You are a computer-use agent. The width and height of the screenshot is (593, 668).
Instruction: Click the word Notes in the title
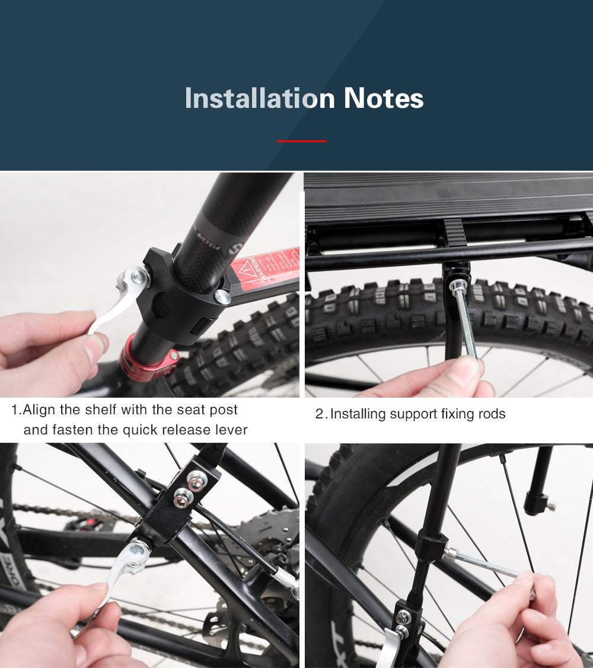point(384,98)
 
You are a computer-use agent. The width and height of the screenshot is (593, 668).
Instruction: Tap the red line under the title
point(301,141)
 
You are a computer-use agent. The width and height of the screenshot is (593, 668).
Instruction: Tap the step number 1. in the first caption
point(16,410)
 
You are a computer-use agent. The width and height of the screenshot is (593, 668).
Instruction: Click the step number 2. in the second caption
point(321,414)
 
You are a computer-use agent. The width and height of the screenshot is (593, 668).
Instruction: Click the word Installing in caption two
point(358,414)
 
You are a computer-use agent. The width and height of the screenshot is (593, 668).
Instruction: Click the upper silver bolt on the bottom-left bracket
point(197,478)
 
